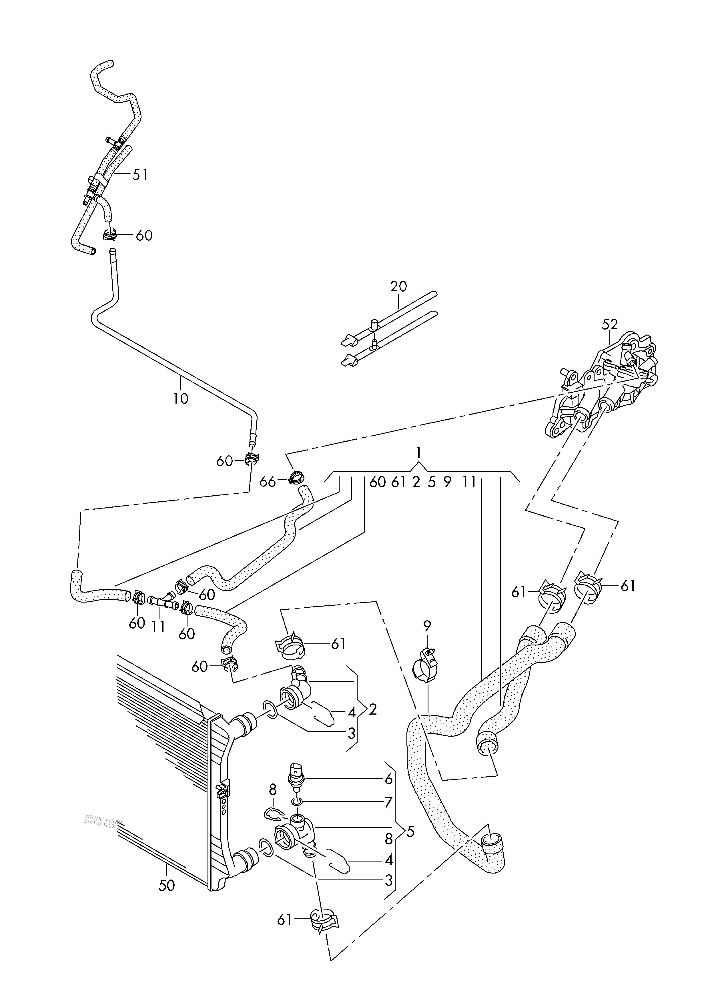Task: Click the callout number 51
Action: tap(140, 175)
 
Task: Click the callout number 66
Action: tap(267, 482)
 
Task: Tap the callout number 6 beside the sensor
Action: tap(388, 779)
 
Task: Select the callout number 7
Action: tap(388, 803)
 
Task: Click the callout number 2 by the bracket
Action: tap(373, 709)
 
